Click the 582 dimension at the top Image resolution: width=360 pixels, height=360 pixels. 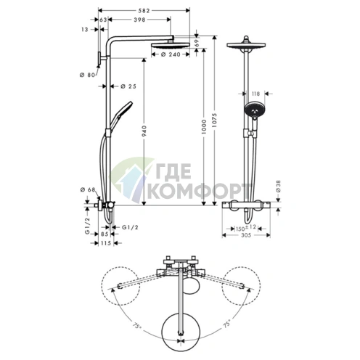coord(144,11)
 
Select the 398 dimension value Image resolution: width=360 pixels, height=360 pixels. coord(139,20)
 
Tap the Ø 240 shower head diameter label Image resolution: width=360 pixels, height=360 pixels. coord(171,54)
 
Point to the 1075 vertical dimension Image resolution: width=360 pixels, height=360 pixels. coord(215,120)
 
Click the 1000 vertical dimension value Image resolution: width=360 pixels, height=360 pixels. coord(204,127)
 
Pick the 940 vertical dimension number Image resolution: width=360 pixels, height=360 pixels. coord(144,131)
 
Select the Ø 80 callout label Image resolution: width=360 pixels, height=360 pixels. coord(87,75)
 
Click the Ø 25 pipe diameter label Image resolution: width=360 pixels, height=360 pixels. coord(128,86)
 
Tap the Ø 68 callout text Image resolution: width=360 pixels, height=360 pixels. coord(88,190)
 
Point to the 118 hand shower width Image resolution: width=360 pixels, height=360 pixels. coord(255,94)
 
